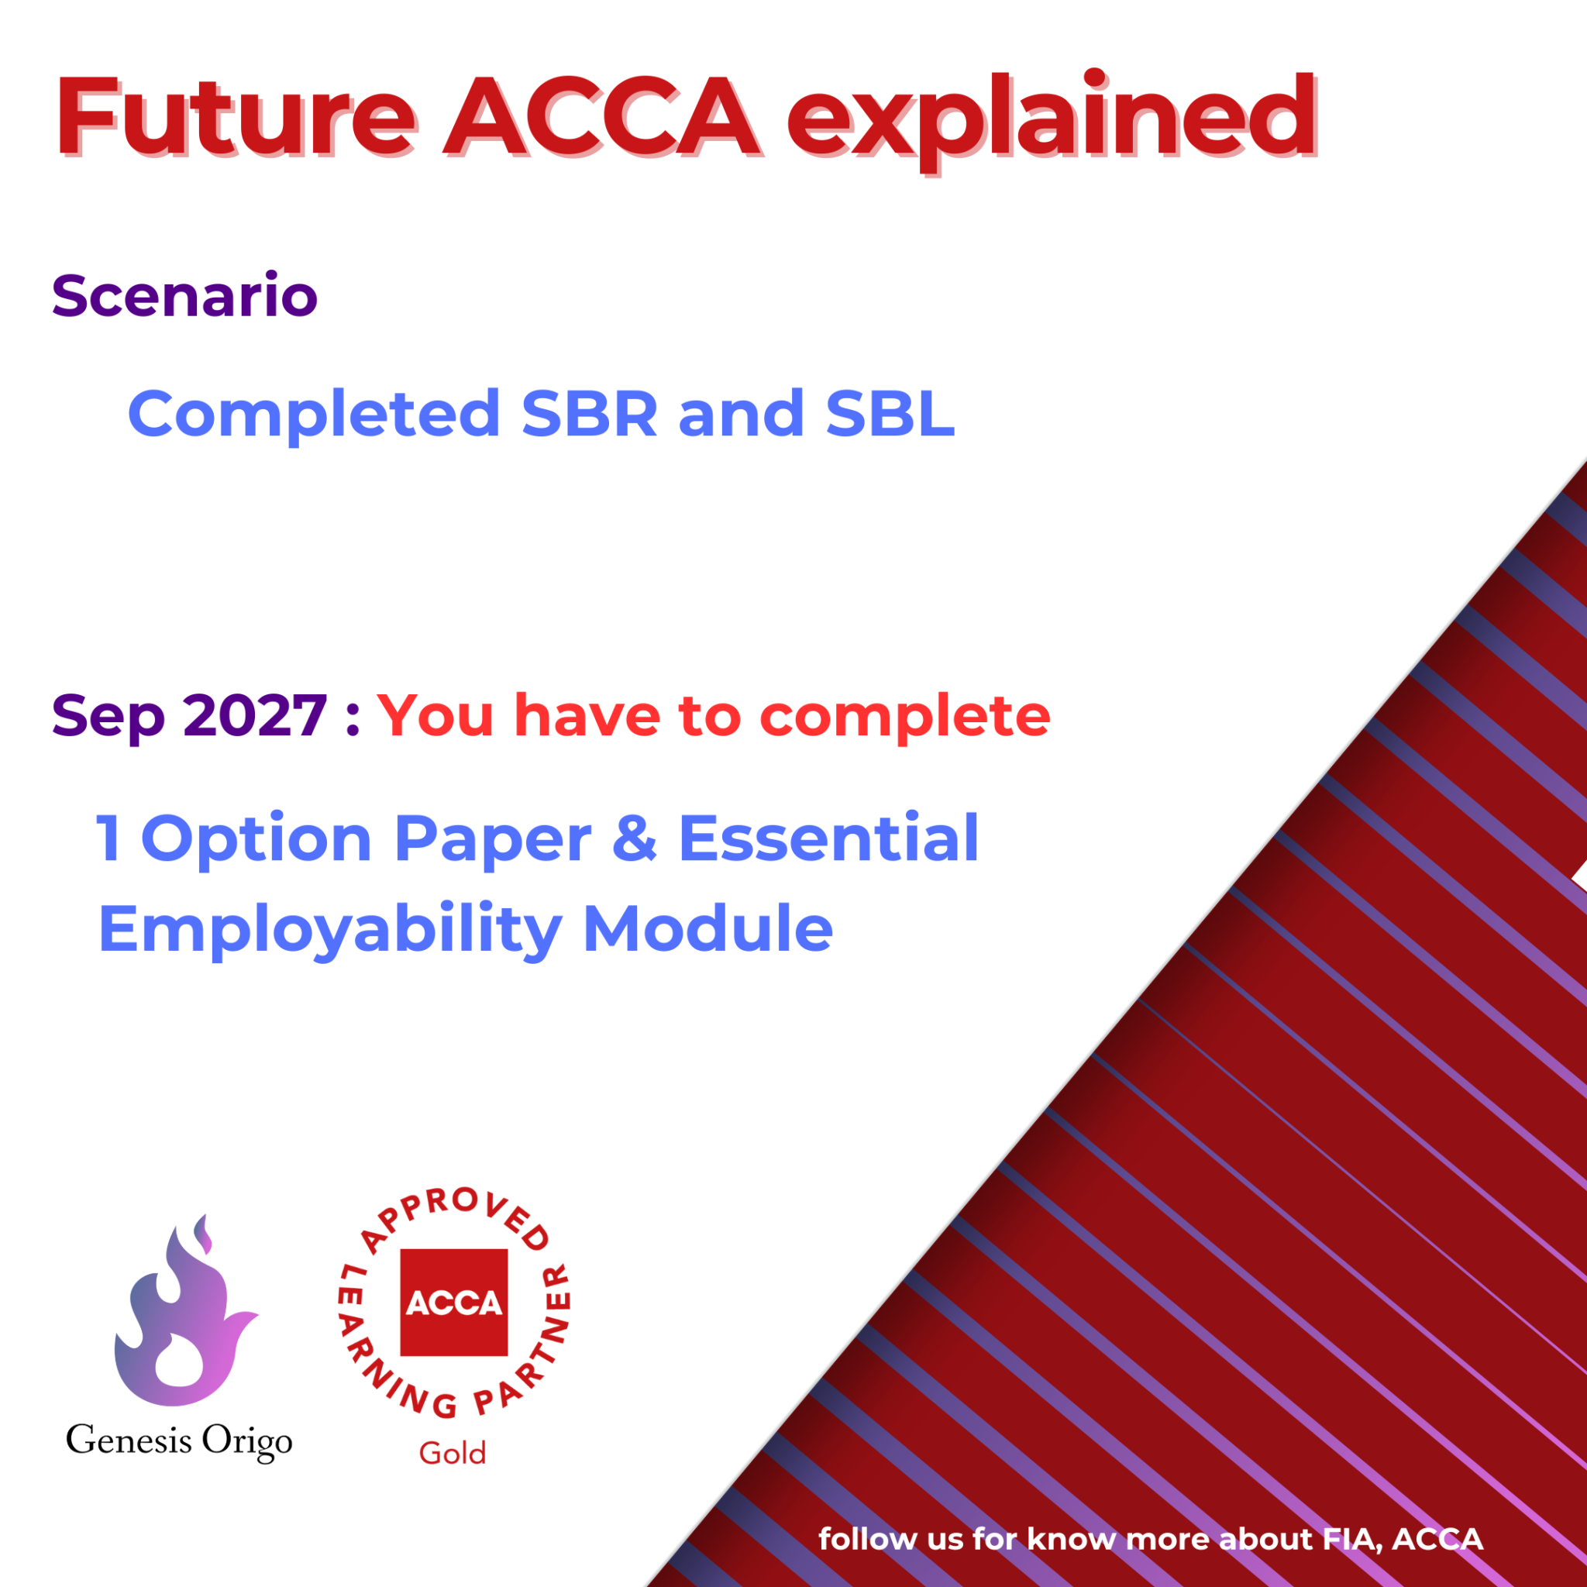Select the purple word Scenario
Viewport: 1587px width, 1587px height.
point(185,296)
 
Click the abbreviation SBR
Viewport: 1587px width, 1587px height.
point(590,413)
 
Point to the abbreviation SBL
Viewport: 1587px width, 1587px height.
point(890,413)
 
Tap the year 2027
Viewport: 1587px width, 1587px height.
point(256,715)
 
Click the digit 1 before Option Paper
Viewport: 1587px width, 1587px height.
point(108,838)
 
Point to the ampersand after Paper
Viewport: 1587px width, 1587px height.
point(634,838)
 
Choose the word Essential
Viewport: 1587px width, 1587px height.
point(828,838)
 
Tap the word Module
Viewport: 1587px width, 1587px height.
point(707,929)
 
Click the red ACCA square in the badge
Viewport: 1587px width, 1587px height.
point(453,1303)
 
